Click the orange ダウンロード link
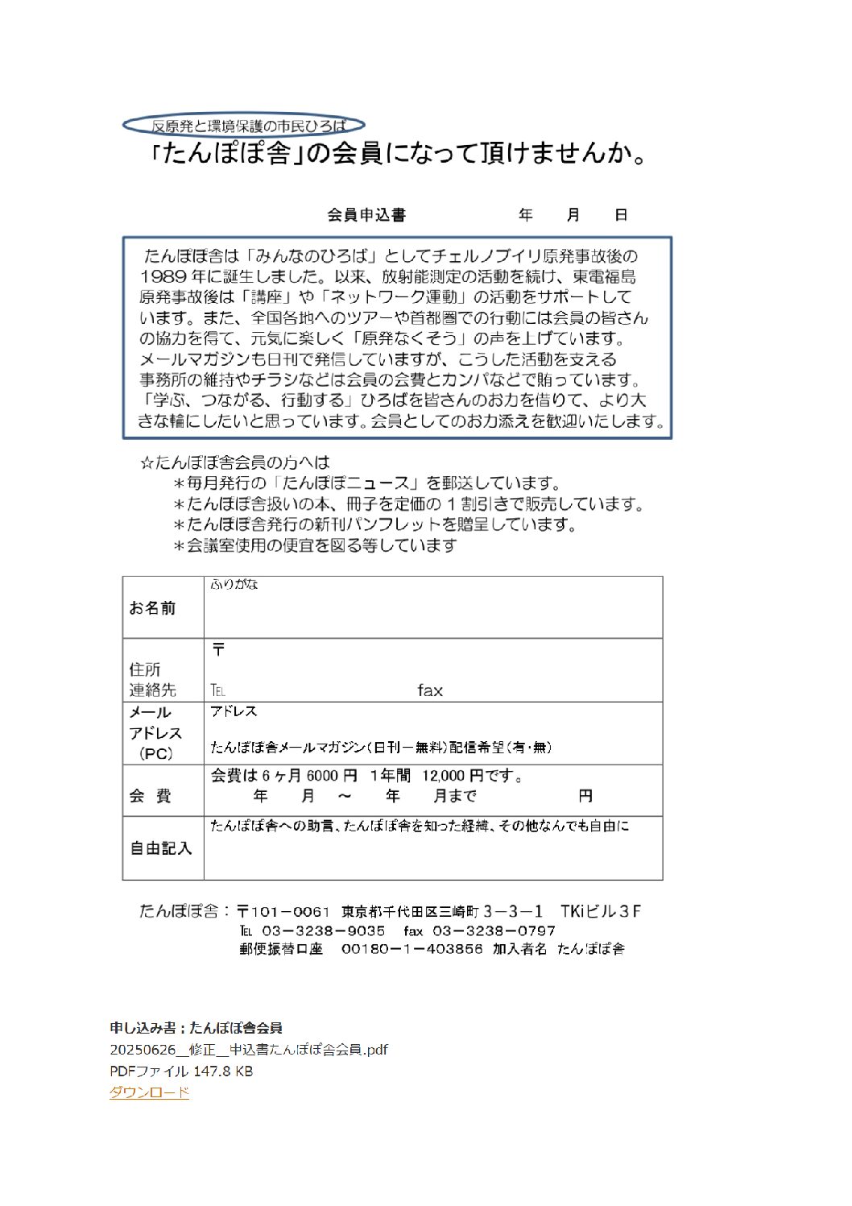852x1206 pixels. (149, 1092)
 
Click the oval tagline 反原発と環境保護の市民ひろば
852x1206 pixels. (243, 126)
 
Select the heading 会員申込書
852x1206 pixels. (366, 215)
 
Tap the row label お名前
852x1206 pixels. (152, 608)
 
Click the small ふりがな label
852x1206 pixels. (234, 584)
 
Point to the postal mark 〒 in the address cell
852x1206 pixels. (218, 649)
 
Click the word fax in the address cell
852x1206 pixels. (430, 690)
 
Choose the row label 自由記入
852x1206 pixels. (161, 848)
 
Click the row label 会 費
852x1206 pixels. (151, 796)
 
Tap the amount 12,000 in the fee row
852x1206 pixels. (443, 776)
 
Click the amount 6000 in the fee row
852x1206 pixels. (322, 776)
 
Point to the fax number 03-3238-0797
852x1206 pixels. (494, 930)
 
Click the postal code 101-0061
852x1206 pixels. (291, 911)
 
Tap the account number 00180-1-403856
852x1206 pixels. (412, 949)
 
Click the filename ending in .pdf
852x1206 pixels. (249, 1050)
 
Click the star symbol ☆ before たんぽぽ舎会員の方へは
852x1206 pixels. (147, 463)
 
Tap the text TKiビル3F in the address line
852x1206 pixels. (601, 911)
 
